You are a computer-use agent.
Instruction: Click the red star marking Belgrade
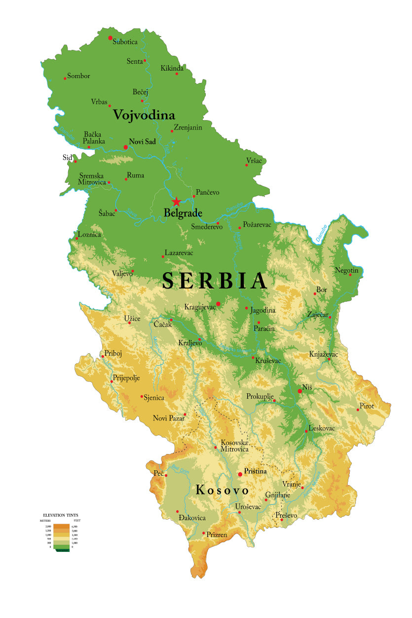pos(176,202)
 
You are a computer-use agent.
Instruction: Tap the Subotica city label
pos(125,42)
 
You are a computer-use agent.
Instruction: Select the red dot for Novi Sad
pos(126,147)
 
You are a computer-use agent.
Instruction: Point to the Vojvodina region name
pos(144,115)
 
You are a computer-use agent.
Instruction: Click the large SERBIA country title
pos(215,281)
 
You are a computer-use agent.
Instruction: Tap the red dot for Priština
pos(240,474)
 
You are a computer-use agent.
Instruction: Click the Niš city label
pos(308,388)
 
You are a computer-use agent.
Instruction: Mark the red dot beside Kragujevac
pos(218,304)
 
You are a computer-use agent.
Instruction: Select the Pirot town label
pos(367,406)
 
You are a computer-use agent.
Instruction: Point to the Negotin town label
pos(346,270)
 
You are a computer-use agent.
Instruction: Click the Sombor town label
pos(78,76)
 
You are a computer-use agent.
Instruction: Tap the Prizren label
pos(217,535)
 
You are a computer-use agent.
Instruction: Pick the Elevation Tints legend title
pos(61,515)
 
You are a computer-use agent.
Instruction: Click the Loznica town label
pos(89,234)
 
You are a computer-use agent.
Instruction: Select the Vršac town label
pos(254,161)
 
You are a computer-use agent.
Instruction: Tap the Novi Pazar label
pos(169,418)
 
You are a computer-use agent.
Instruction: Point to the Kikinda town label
pos(172,68)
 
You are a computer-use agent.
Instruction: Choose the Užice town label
pos(132,319)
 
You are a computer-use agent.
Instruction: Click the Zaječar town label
pos(318,314)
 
